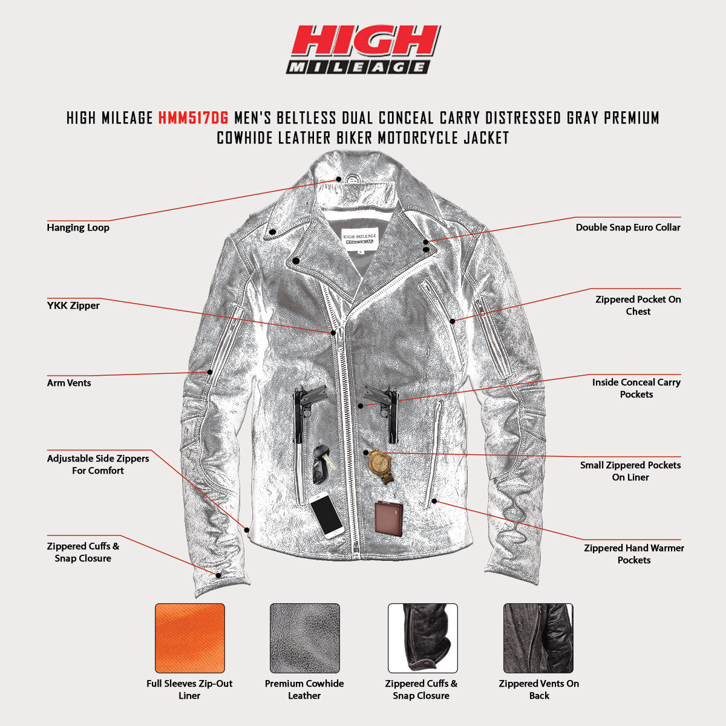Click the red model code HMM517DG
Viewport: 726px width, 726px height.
pyautogui.click(x=193, y=117)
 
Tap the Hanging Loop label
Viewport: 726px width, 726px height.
pyautogui.click(x=78, y=227)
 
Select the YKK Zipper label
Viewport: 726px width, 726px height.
pyautogui.click(x=73, y=306)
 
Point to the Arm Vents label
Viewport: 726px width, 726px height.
pyautogui.click(x=69, y=383)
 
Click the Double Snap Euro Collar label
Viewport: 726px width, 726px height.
pyautogui.click(x=628, y=227)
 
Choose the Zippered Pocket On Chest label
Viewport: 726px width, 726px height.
pyautogui.click(x=638, y=306)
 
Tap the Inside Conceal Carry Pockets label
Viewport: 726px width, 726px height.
pyautogui.click(x=636, y=388)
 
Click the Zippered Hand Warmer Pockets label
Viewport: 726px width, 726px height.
pyautogui.click(x=634, y=554)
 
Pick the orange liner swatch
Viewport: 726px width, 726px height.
pyautogui.click(x=190, y=638)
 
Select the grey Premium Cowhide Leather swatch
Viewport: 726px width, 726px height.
pyautogui.click(x=305, y=638)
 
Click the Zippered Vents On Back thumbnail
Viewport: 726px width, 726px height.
pyautogui.click(x=538, y=638)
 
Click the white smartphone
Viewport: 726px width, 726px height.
pyautogui.click(x=327, y=514)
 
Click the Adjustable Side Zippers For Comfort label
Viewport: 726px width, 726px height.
pyautogui.click(x=98, y=465)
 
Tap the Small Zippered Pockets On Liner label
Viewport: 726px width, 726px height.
pyautogui.click(x=630, y=471)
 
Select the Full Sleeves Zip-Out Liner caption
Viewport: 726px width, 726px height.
pyautogui.click(x=189, y=690)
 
